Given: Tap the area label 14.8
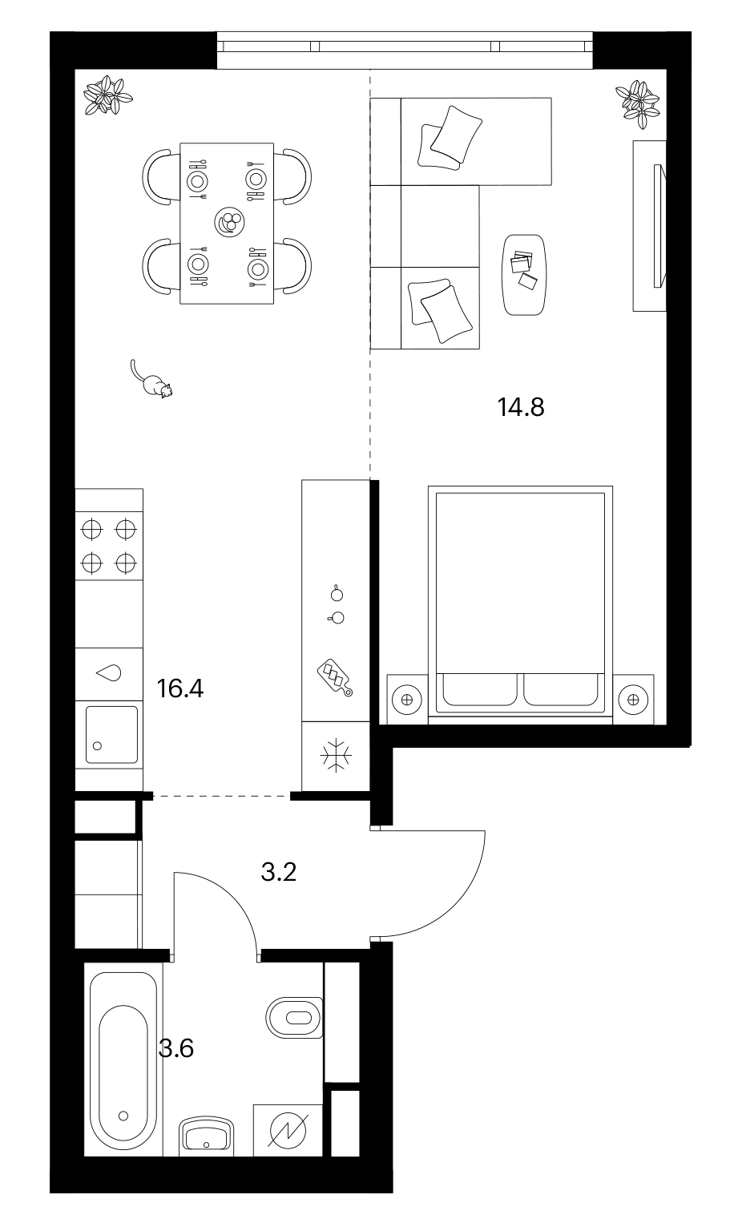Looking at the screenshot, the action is tap(521, 406).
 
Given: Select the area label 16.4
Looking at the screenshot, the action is tap(180, 688).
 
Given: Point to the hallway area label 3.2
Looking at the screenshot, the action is tap(279, 872).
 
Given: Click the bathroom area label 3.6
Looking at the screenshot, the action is tap(176, 1047).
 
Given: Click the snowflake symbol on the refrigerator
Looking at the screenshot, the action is tap(337, 755).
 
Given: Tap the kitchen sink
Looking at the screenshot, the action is tap(111, 734).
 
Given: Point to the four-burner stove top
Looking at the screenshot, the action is tap(109, 546).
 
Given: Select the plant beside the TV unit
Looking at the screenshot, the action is tap(639, 104).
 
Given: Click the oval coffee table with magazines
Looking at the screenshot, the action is tap(524, 275).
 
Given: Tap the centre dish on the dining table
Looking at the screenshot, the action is tap(229, 222).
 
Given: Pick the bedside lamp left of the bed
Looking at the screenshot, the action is tap(407, 700).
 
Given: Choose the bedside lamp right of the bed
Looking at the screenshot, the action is tap(633, 700).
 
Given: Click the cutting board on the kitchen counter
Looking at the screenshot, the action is tap(334, 677).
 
